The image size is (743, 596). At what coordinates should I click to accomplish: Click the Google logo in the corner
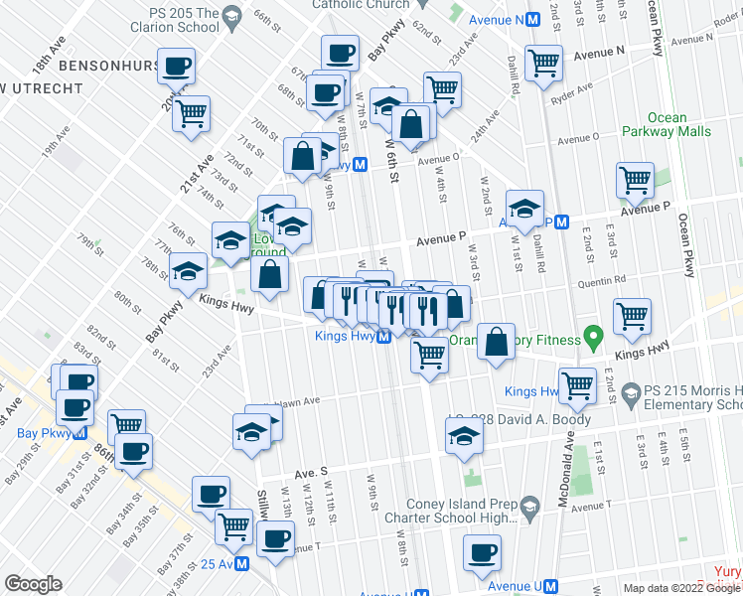(33, 584)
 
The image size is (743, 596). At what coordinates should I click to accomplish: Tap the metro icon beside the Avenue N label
(533, 20)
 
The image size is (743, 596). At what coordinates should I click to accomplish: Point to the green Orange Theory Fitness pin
(593, 340)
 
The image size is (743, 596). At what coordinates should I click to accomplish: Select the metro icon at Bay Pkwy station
(81, 433)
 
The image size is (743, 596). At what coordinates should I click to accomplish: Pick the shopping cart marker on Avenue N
(543, 62)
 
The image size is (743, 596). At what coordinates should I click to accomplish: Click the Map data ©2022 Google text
(680, 588)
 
